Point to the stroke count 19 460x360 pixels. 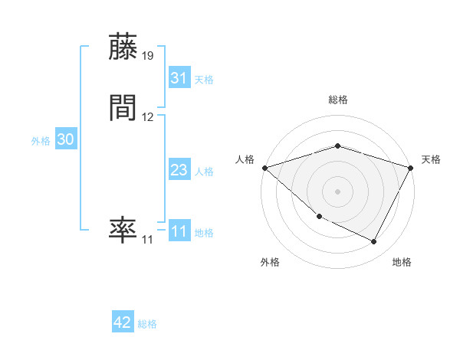148,56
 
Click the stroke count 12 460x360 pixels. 148,117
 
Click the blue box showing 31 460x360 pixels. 179,78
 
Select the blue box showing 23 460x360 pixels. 179,170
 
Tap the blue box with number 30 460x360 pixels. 66,139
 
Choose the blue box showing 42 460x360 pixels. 123,322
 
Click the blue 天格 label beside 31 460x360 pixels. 204,80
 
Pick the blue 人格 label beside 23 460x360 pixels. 204,172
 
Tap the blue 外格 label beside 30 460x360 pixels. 41,141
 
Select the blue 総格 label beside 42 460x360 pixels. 147,324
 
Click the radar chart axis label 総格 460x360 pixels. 338,100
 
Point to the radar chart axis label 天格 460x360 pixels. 432,159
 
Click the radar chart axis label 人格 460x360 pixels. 245,159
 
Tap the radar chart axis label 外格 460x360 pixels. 270,263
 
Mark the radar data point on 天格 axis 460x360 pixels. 412,168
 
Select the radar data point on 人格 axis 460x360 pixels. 264,168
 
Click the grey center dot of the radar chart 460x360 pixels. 338,191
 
